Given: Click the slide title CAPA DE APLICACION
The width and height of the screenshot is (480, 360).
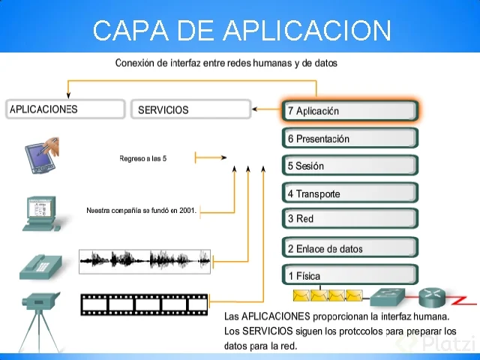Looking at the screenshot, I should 242,31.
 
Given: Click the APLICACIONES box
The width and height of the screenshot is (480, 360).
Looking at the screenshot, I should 64,109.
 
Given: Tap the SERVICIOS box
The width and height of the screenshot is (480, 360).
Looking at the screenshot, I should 190,109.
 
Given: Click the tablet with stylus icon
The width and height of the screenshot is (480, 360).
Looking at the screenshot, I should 42,153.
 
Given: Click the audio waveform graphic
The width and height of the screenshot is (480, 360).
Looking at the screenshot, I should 145,261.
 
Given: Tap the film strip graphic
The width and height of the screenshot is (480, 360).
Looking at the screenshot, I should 144,304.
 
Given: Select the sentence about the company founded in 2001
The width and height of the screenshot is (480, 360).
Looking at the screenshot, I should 141,211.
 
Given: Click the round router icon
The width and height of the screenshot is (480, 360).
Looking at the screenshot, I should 433,297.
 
